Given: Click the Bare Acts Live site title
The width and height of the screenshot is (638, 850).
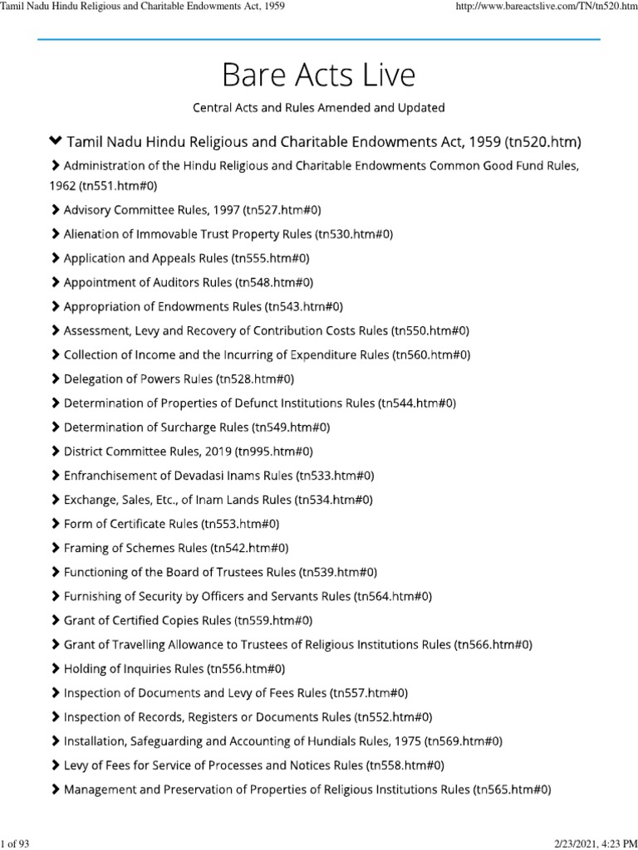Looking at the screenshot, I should (x=318, y=75).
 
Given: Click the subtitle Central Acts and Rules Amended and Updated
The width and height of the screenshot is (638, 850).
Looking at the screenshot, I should (x=318, y=108).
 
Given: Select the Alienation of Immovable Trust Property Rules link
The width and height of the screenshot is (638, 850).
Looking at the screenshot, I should (x=228, y=234).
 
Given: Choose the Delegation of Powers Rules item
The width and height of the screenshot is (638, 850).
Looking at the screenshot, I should (x=178, y=379).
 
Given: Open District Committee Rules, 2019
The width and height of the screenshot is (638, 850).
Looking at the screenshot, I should (x=188, y=452).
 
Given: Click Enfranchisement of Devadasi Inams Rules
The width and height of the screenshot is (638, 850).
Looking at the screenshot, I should (x=218, y=476).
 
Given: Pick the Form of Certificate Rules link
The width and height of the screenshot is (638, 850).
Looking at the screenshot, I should (x=171, y=524).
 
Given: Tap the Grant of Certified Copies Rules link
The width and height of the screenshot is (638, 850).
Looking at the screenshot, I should (x=189, y=620).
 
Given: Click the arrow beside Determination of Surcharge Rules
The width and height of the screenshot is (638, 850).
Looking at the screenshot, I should (x=56, y=427).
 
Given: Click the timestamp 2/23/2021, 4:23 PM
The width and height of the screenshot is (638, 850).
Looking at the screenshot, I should (x=592, y=843).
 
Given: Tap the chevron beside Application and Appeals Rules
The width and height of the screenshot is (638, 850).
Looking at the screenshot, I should (x=56, y=258).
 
